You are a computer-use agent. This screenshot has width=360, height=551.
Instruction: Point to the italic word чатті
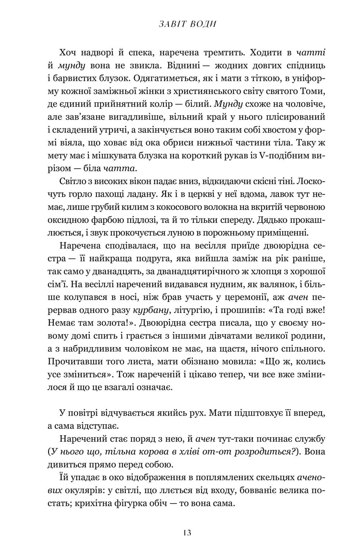312,52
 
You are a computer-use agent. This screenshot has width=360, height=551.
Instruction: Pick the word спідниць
308,65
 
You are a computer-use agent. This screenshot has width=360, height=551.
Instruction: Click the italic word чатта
120,169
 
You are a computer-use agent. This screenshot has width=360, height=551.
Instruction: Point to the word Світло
73,181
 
